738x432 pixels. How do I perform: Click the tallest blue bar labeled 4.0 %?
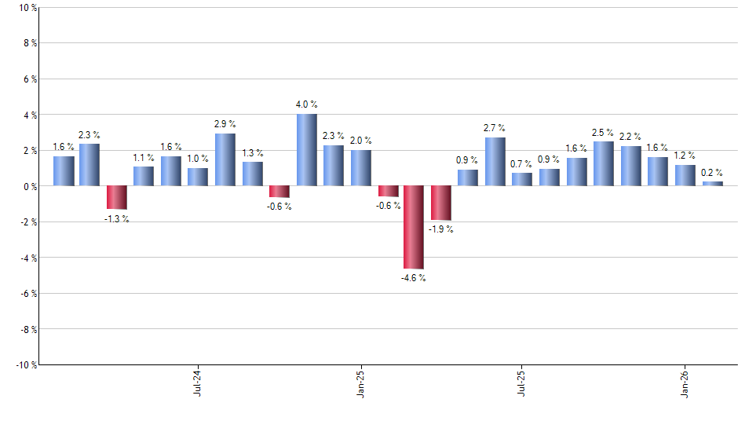(x=306, y=150)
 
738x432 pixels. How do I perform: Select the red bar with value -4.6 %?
(x=414, y=227)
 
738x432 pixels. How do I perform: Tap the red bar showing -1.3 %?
(x=117, y=197)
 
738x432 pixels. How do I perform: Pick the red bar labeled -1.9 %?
(x=440, y=203)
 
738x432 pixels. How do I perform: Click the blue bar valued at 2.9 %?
(x=225, y=159)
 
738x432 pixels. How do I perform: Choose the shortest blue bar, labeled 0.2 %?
(x=712, y=184)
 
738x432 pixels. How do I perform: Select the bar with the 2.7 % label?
(x=495, y=162)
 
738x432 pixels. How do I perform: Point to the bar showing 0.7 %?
(x=521, y=179)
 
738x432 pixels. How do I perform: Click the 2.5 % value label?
(x=603, y=132)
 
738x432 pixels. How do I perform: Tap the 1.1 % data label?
(x=143, y=157)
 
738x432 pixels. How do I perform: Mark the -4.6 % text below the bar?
(x=413, y=279)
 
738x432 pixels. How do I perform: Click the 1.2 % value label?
(x=685, y=156)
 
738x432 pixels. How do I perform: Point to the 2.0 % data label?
(x=360, y=141)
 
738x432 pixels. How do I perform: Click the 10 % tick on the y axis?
(x=26, y=8)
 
